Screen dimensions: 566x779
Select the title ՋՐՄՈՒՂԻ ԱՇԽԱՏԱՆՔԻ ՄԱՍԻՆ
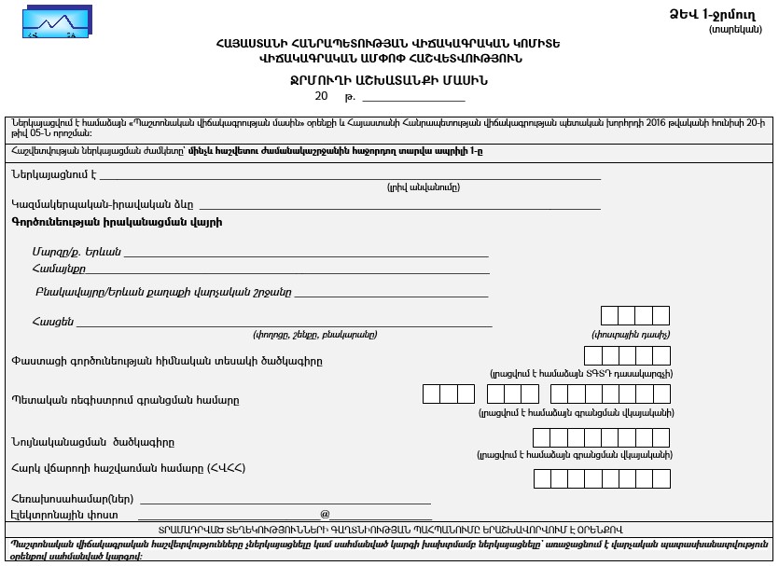[390, 80]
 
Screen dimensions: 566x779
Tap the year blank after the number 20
[414, 97]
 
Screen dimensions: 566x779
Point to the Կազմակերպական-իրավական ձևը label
[103, 203]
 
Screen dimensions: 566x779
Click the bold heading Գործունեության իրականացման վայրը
[117, 222]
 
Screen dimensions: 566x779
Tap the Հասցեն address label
[52, 322]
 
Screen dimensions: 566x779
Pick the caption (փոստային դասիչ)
[632, 334]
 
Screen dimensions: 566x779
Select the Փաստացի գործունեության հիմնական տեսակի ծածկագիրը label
[167, 361]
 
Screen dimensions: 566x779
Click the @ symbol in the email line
[325, 514]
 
